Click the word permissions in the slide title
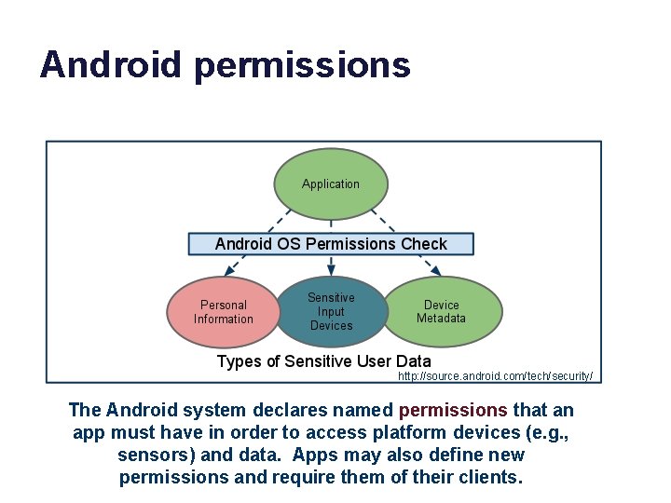click(x=302, y=65)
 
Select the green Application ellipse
click(x=331, y=184)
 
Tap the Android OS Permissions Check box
click(x=331, y=244)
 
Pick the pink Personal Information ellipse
click(x=224, y=311)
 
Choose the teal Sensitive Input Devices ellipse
click(x=331, y=311)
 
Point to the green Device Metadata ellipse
click(x=441, y=311)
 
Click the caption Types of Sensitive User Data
click(x=323, y=361)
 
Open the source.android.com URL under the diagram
click(x=495, y=376)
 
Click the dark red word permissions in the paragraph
click(x=453, y=410)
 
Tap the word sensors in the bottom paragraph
click(x=151, y=455)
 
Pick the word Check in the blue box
click(x=424, y=244)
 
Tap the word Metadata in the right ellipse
click(x=441, y=319)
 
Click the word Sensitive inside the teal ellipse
click(x=331, y=298)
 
